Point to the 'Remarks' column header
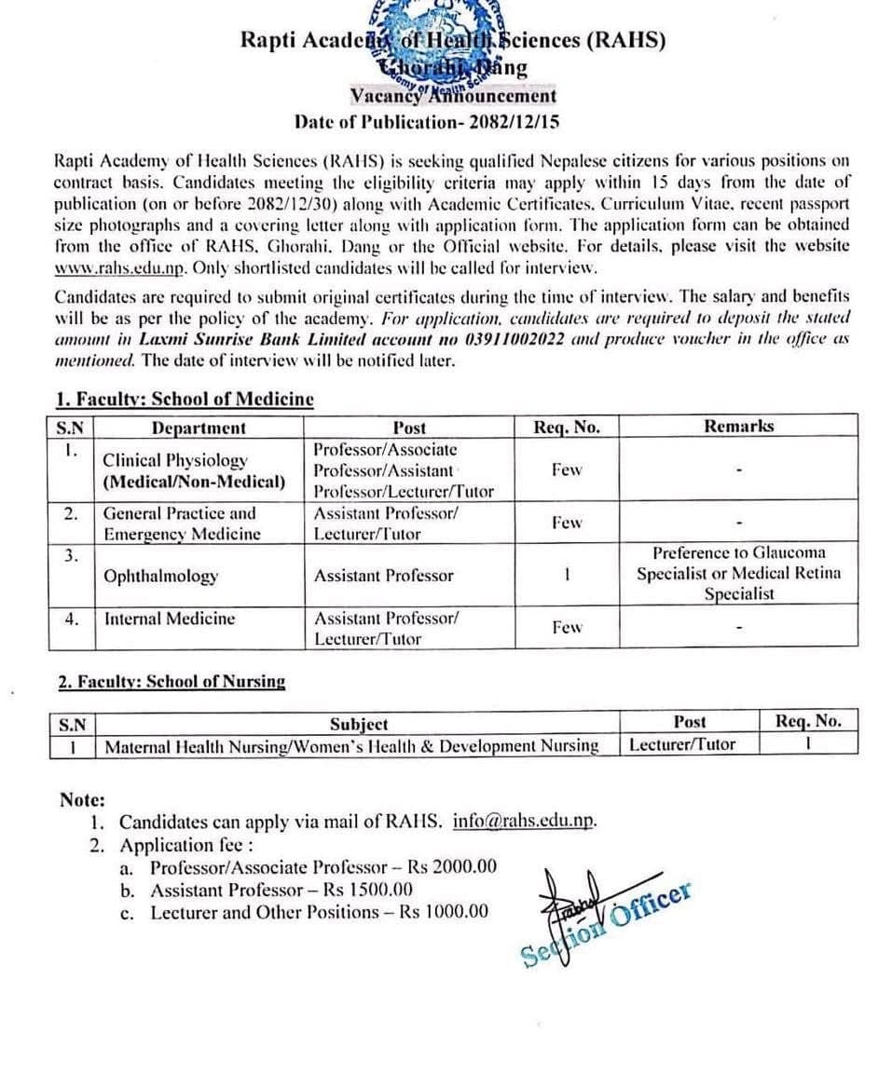point(738,427)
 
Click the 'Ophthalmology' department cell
point(160,576)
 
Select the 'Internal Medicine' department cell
point(170,619)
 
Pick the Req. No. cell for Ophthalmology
point(566,575)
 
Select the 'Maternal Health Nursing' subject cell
point(351,745)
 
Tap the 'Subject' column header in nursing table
point(359,723)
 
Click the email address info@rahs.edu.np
point(524,822)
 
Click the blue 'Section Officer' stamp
point(606,922)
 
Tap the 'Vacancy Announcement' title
point(453,96)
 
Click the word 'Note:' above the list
point(82,800)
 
